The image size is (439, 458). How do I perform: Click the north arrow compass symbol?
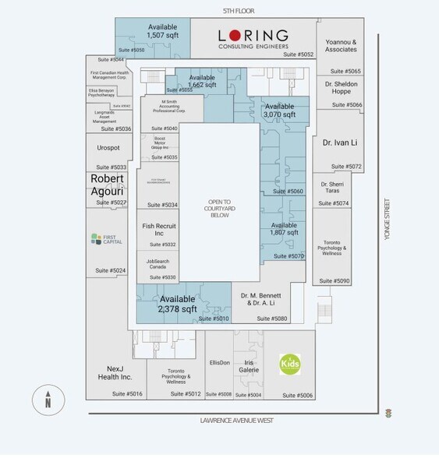[x=48, y=400]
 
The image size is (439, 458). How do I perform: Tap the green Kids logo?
[x=291, y=364]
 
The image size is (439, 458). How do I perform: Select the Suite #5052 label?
[x=298, y=55]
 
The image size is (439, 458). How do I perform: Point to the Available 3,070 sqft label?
[x=279, y=111]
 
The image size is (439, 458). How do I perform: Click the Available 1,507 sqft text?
[x=163, y=31]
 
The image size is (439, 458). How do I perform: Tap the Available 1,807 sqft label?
[x=284, y=229]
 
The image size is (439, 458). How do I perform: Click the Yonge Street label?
[x=387, y=218]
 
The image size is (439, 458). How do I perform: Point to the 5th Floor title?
[x=239, y=10]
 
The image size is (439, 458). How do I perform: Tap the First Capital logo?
[x=106, y=239]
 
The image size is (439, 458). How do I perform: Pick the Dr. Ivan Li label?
[x=339, y=143]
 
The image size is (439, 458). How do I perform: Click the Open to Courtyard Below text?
[x=219, y=208]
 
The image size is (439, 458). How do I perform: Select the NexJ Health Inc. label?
[x=115, y=373]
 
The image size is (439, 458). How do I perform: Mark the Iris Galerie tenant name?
[x=250, y=366]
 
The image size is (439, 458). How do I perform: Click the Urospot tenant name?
[x=108, y=147]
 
